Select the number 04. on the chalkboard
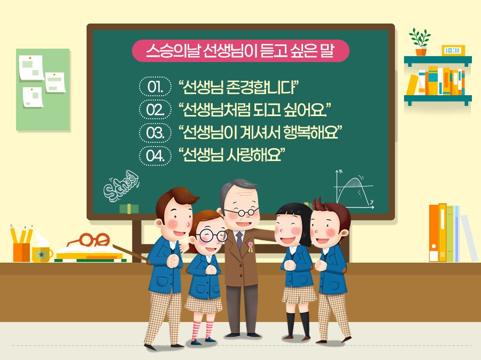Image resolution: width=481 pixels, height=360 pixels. pos(154,156)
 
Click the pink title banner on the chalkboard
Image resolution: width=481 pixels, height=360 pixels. pos(240,51)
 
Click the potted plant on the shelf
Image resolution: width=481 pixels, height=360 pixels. pos(420,42)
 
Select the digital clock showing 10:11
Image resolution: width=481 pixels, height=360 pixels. pos(453,51)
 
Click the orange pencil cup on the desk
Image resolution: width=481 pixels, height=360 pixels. pos(21,251)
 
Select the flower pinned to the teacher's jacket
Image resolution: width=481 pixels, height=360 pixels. pos(250,247)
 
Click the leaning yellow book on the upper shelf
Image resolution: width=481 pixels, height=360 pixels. pos(413,85)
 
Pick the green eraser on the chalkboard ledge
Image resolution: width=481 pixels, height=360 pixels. pos(129,209)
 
